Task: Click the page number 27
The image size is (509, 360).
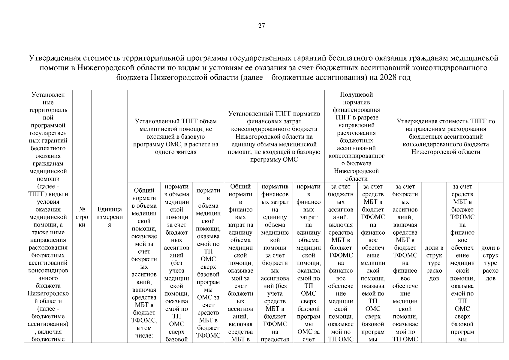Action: tap(261, 26)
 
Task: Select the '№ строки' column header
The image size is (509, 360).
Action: tap(82, 217)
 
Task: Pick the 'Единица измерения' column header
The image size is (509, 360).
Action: tap(110, 217)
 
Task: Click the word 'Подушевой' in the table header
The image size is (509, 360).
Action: tap(356, 94)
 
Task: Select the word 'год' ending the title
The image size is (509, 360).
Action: tap(404, 77)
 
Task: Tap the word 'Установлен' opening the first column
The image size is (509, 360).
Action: tap(48, 94)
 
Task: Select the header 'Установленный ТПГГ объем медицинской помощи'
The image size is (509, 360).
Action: tap(176, 121)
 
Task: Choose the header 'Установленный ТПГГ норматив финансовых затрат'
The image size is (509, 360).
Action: tap(274, 114)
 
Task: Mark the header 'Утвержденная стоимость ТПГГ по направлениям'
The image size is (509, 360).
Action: tap(446, 121)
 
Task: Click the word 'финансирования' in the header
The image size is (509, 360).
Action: tap(356, 110)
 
